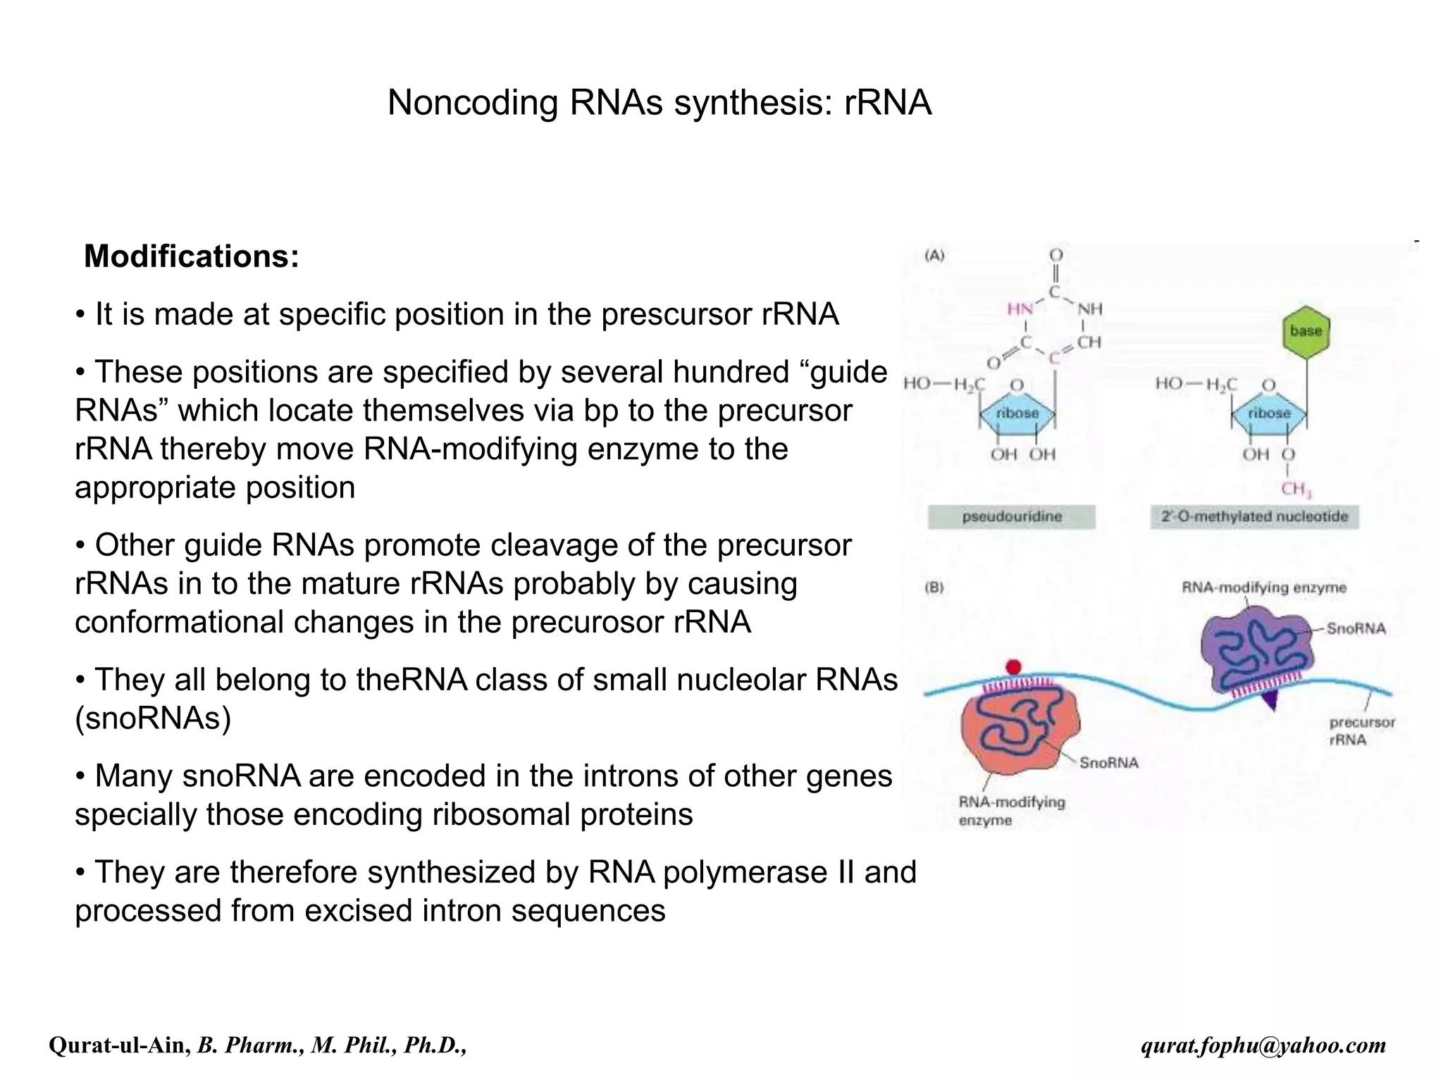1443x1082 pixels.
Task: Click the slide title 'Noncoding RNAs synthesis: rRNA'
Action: click(659, 103)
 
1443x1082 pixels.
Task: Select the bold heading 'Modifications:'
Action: click(192, 256)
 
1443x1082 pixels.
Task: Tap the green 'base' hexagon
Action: click(1306, 331)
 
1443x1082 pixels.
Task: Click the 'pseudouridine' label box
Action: click(1011, 516)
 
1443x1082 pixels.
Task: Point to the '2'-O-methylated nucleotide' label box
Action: click(1254, 516)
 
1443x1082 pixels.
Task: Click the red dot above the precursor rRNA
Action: click(1013, 666)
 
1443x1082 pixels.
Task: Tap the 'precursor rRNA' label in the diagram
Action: click(1361, 730)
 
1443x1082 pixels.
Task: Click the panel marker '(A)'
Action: click(934, 256)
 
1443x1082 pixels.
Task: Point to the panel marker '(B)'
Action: click(934, 587)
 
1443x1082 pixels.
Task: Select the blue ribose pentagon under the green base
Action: click(1269, 413)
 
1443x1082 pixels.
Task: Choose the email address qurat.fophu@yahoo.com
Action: click(1263, 1045)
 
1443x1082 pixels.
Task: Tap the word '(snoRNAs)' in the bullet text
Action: click(154, 719)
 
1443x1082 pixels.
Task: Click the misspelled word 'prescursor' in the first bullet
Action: click(676, 314)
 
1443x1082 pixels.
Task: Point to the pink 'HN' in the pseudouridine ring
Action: click(1020, 309)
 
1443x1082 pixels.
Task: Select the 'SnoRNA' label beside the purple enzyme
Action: click(1356, 628)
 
